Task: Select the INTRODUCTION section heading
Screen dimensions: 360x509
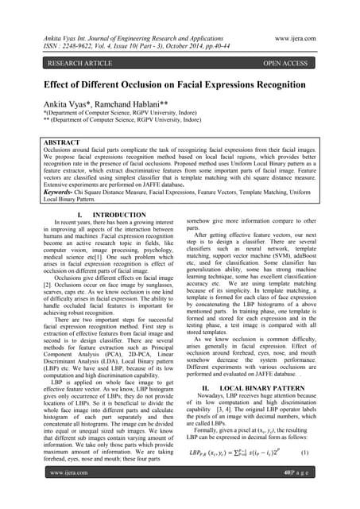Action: (x=116, y=215)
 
